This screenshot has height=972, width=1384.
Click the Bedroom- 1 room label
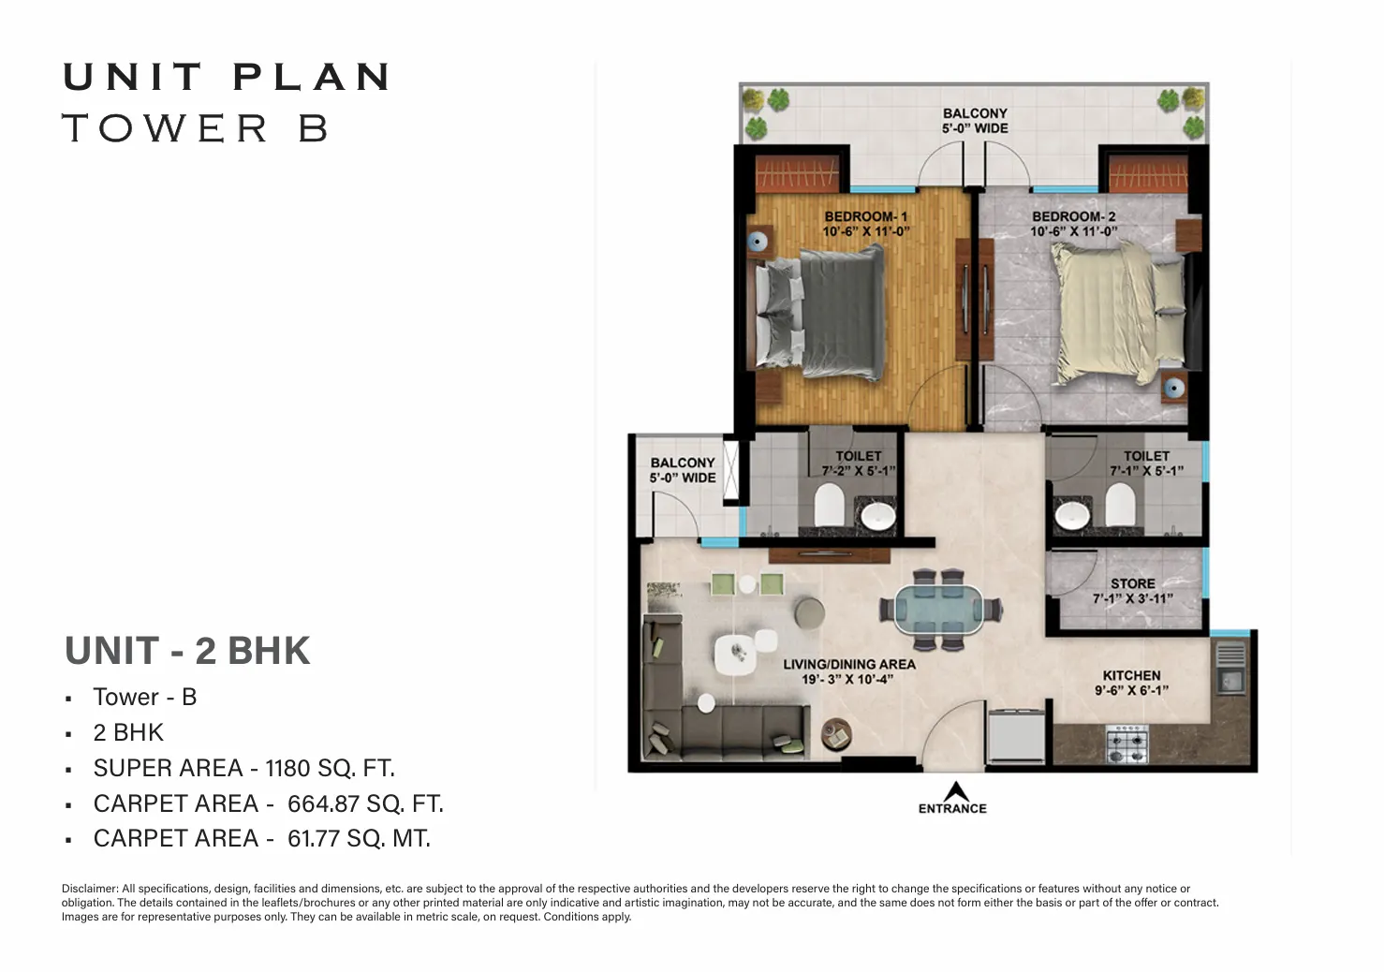865,217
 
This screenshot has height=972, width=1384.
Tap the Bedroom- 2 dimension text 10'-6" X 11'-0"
1074,231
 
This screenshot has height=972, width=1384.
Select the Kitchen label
1132,675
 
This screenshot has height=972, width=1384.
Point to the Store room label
1132,584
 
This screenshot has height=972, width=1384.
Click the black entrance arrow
955,791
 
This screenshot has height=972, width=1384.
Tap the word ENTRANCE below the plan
952,809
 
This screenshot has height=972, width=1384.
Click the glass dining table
940,610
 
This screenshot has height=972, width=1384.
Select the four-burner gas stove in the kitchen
1127,744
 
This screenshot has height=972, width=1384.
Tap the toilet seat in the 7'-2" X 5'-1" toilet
829,505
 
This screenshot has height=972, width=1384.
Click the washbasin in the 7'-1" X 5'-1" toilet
1072,515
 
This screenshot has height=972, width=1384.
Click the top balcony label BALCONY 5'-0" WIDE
975,121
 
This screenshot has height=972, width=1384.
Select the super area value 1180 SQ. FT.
330,768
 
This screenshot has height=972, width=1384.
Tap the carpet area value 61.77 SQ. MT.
359,838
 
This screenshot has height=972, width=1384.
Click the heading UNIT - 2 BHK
187,651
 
